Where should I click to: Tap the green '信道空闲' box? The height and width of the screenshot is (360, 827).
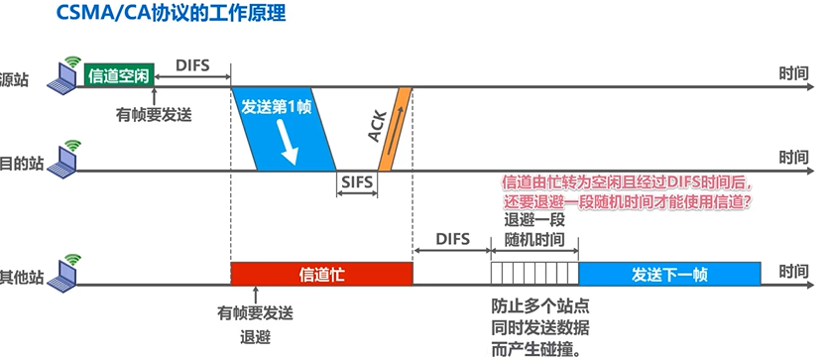pyautogui.click(x=120, y=74)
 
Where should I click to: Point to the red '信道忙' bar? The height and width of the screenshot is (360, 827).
pyautogui.click(x=321, y=273)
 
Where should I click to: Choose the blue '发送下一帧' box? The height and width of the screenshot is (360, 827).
pyautogui.click(x=670, y=273)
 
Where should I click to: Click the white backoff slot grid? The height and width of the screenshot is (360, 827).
pyautogui.click(x=534, y=273)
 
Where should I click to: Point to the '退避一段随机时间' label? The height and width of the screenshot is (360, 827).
pyautogui.click(x=534, y=230)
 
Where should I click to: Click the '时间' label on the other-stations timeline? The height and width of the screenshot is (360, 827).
pyautogui.click(x=794, y=271)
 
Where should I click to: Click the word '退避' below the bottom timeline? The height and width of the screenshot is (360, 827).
pyautogui.click(x=256, y=335)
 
